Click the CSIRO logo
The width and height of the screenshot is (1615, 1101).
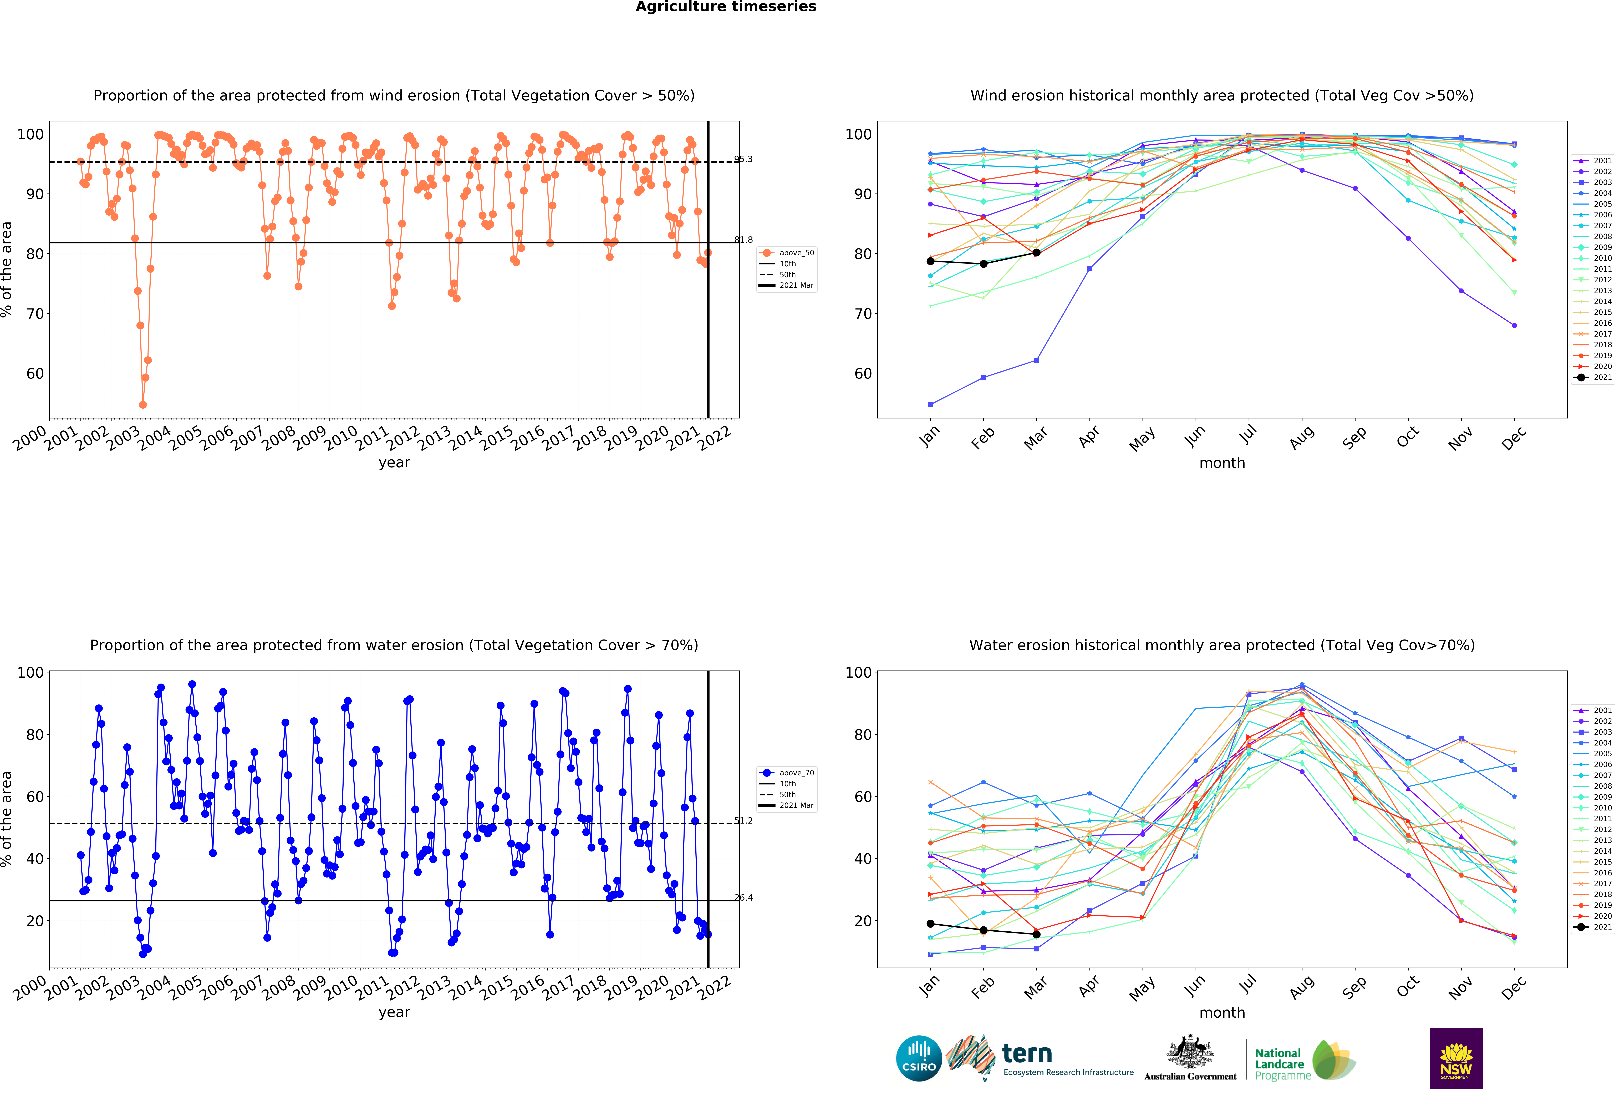click(x=919, y=1059)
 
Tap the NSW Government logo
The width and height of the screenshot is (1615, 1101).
click(x=1456, y=1058)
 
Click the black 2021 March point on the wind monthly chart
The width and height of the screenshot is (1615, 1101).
click(x=1036, y=253)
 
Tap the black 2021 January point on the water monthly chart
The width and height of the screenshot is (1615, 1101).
click(x=930, y=924)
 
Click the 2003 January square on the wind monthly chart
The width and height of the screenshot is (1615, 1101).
click(x=930, y=404)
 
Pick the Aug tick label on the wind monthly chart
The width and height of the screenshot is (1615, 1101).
click(x=1301, y=437)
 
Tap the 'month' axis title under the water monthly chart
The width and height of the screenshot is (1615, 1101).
click(x=1222, y=1012)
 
